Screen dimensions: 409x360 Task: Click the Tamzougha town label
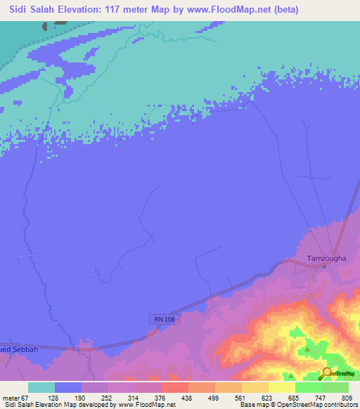(326, 258)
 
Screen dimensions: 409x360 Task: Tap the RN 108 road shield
(164, 319)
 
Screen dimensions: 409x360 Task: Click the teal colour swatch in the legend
(41, 387)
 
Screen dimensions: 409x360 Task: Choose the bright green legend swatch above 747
(309, 387)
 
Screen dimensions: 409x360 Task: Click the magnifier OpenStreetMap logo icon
(328, 373)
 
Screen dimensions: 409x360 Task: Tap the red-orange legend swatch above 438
(175, 387)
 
